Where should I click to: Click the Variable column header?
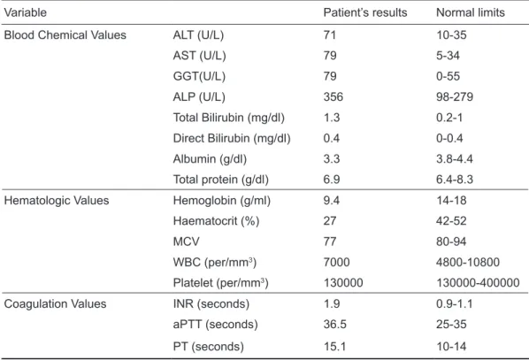point(26,12)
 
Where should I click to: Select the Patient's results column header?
point(365,12)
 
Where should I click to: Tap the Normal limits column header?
point(471,12)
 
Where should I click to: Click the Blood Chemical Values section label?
point(65,34)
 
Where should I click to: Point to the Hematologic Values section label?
point(57,201)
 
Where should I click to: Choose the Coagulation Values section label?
point(55,303)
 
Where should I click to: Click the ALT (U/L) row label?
point(198,35)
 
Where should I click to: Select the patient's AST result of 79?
point(330,56)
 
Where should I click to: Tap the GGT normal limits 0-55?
point(448,76)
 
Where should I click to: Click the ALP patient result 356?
point(333,96)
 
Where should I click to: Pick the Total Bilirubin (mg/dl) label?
point(229,118)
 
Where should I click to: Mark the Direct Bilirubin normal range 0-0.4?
point(449,138)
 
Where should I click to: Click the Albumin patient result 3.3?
point(332,158)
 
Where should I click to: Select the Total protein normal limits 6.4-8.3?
point(455,180)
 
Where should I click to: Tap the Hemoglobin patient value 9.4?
point(332,201)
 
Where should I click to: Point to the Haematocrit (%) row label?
point(216,221)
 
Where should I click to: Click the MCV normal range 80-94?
point(451,241)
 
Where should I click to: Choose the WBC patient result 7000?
point(337,262)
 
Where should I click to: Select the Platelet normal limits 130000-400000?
point(478,283)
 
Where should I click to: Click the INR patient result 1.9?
point(332,303)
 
